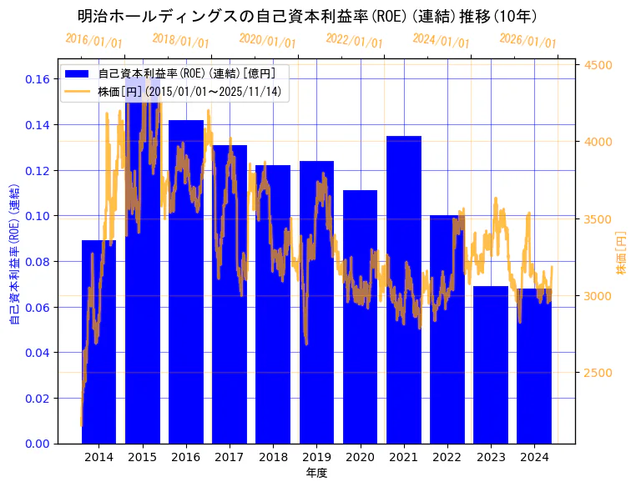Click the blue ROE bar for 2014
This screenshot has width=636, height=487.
tap(98, 342)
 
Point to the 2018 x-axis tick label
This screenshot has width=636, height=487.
tap(273, 457)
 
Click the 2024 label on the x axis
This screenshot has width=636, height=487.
tap(533, 457)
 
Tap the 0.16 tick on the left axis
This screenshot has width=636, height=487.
tap(37, 79)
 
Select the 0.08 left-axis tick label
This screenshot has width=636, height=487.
tap(37, 262)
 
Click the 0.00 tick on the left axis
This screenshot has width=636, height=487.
tap(37, 444)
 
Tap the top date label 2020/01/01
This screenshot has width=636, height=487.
tap(267, 40)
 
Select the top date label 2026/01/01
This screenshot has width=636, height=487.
tap(527, 40)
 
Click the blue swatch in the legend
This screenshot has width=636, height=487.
tap(78, 73)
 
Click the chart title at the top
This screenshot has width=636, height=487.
tap(307, 16)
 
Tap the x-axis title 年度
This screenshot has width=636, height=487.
tap(316, 473)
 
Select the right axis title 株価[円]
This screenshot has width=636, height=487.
tap(621, 254)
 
